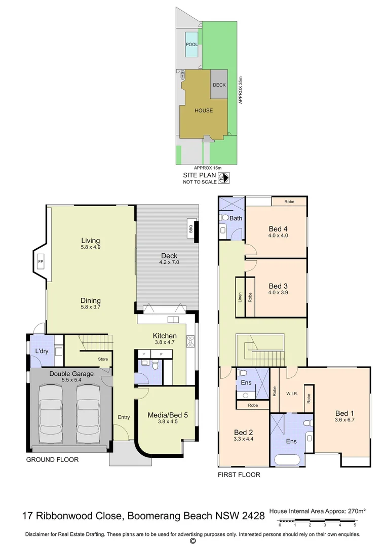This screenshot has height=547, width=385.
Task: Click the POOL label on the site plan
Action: tap(191, 45)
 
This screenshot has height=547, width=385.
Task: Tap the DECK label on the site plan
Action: tap(219, 85)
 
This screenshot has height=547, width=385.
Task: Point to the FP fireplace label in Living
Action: tap(40, 262)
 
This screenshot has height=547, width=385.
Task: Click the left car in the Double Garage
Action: tap(50, 413)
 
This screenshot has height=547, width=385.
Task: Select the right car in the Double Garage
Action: tap(88, 413)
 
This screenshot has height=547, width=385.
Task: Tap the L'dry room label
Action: tap(42, 351)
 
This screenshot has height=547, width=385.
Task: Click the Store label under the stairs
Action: tap(103, 360)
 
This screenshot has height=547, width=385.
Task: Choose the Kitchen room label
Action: tap(165, 336)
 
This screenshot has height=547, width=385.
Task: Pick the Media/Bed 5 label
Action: tap(168, 415)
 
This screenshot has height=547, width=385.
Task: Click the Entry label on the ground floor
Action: tap(124, 417)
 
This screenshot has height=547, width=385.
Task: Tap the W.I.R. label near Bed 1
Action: tap(291, 393)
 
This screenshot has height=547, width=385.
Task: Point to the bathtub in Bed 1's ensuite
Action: tap(287, 460)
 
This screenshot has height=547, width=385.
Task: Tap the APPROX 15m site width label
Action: tap(208, 168)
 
